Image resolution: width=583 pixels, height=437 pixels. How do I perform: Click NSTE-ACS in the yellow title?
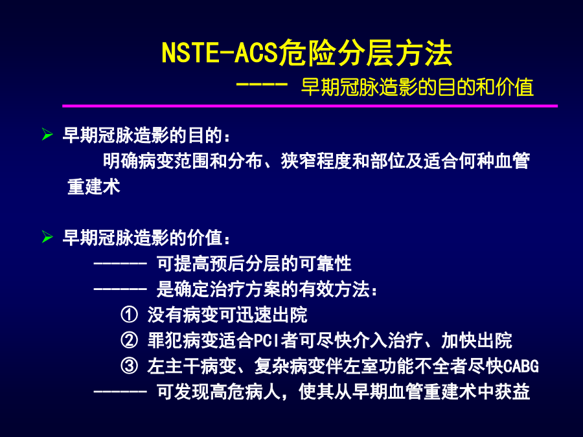(x=220, y=52)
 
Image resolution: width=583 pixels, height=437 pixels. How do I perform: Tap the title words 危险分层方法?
(x=365, y=52)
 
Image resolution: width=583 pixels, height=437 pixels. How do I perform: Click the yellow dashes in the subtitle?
(x=262, y=84)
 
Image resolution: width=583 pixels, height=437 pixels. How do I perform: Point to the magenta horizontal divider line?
(x=310, y=106)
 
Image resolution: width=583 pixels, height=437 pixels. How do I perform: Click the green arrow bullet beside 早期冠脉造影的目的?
(x=47, y=134)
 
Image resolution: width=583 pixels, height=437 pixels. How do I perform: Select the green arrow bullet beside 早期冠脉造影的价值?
(x=47, y=236)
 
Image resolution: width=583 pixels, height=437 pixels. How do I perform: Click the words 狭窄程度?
(x=316, y=161)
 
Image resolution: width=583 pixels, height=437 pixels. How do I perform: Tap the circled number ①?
(x=129, y=315)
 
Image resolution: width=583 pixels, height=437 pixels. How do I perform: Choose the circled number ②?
(x=129, y=340)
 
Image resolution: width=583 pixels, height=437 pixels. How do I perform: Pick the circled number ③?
(x=129, y=366)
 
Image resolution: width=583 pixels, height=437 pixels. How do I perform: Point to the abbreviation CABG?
(x=521, y=366)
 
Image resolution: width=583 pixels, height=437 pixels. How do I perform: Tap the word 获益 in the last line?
(x=512, y=392)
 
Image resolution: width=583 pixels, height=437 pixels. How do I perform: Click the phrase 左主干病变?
(x=192, y=366)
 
